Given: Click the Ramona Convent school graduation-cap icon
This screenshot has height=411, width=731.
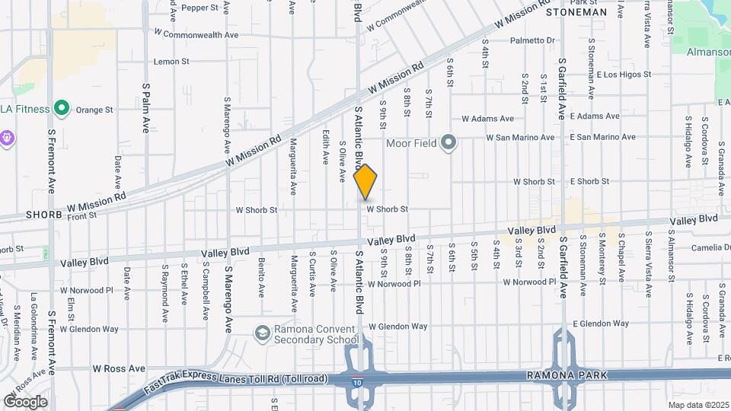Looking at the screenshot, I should [x=262, y=333].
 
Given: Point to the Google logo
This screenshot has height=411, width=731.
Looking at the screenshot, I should [x=25, y=402].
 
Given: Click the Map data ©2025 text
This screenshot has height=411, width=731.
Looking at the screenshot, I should [x=697, y=405].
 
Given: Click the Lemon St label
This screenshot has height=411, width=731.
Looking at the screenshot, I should [x=171, y=62].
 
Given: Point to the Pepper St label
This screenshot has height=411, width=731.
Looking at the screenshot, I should [x=200, y=8].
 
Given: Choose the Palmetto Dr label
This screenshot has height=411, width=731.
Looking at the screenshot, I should [x=533, y=40].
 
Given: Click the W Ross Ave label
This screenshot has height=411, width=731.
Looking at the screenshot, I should [x=119, y=368].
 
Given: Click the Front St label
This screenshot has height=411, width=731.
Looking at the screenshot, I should [x=82, y=215].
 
